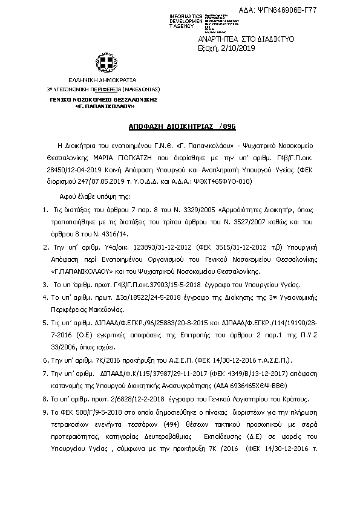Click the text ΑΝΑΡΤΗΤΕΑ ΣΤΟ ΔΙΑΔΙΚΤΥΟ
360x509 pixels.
pyautogui.click(x=247, y=39)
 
